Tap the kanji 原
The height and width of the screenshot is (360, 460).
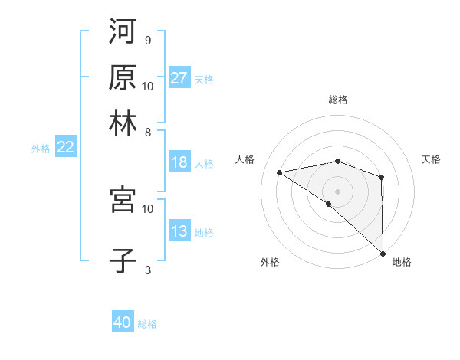(x=123, y=77)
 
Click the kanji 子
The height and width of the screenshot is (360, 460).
(x=123, y=260)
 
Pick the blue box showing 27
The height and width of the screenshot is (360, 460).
(x=179, y=78)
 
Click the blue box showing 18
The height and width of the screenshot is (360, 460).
(x=179, y=162)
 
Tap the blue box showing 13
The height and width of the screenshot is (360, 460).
(x=179, y=231)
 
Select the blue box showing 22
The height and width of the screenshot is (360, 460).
(x=65, y=147)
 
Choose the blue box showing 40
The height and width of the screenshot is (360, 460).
(x=123, y=322)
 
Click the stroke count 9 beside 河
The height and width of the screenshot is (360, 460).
(x=147, y=41)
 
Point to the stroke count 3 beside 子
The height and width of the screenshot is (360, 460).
(x=147, y=270)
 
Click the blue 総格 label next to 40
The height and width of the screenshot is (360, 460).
(x=148, y=324)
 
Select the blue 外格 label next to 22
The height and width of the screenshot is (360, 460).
(x=40, y=149)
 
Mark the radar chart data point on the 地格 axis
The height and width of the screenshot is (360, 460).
(x=382, y=254)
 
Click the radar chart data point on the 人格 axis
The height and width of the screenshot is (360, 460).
(x=280, y=172)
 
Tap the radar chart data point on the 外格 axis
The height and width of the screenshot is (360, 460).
(x=329, y=204)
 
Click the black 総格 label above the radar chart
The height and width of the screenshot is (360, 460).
(x=338, y=100)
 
